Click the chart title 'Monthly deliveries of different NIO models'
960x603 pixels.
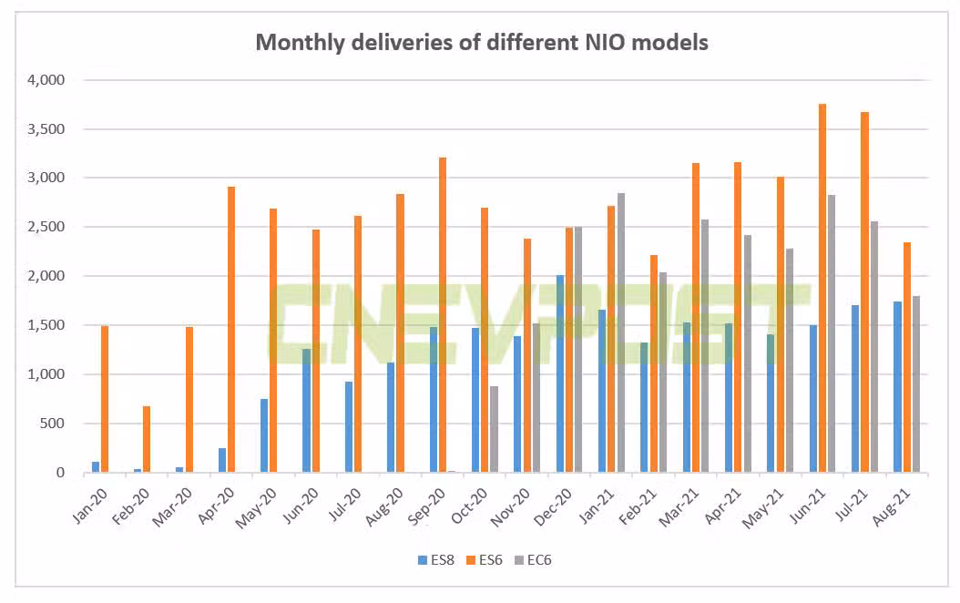[481, 42]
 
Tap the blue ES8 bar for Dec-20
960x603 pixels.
[560, 373]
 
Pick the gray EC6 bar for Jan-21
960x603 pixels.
[620, 332]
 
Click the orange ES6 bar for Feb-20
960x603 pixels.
[147, 439]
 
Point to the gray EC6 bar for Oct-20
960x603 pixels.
[494, 429]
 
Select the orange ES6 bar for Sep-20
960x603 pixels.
[443, 315]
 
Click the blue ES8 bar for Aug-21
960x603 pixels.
[898, 387]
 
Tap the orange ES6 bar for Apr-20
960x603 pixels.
[231, 330]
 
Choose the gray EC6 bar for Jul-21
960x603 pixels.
[874, 347]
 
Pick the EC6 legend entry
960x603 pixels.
[533, 560]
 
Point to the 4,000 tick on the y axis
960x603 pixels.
[46, 80]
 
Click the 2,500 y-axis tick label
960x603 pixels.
[46, 227]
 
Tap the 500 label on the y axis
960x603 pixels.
[53, 424]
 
